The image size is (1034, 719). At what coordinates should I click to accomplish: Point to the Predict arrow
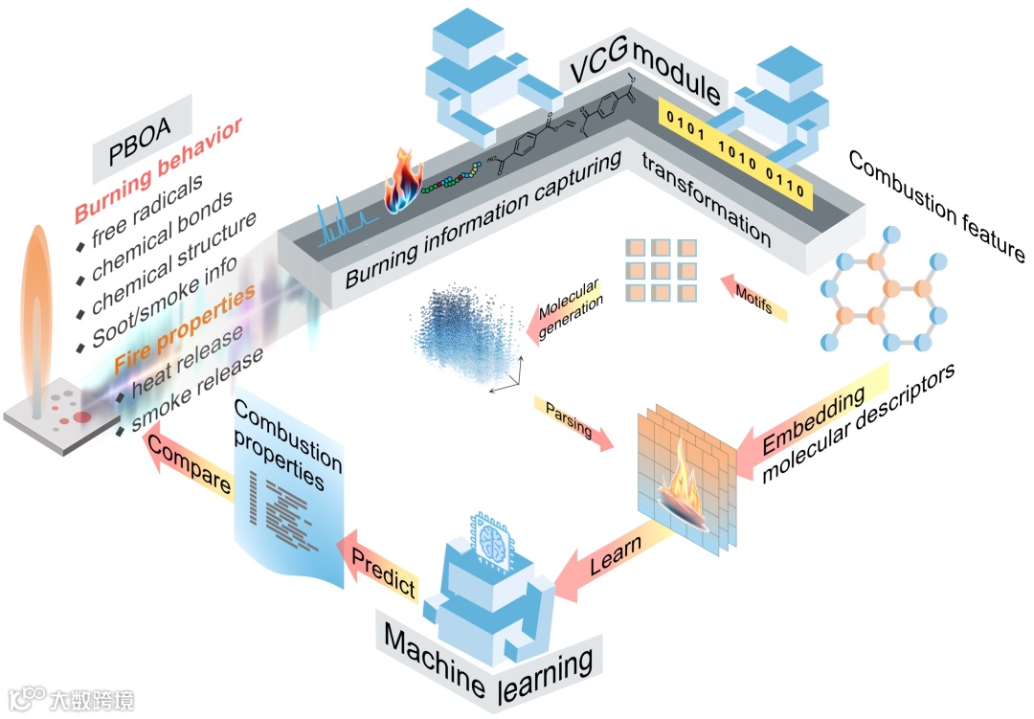(x=378, y=564)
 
